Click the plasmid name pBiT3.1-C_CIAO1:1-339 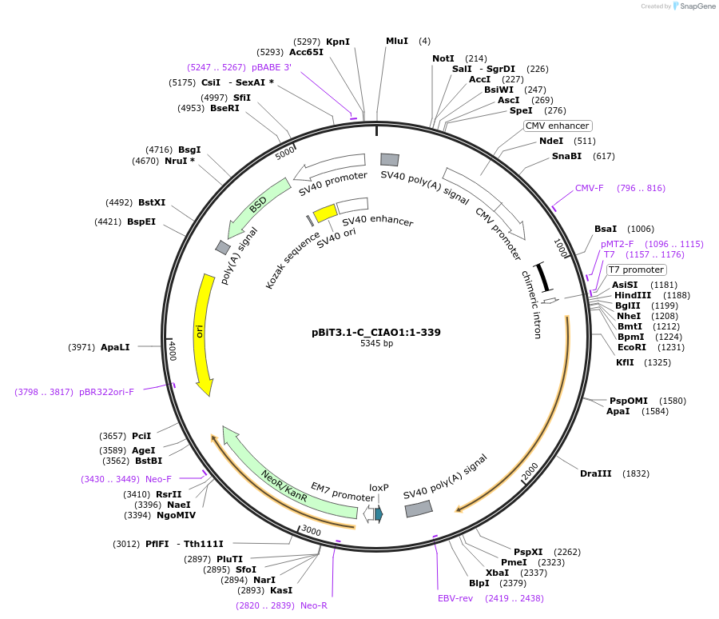click(x=376, y=332)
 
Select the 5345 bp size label click(x=376, y=344)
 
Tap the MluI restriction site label click(x=397, y=41)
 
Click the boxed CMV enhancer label click(x=558, y=126)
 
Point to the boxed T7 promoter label click(x=637, y=270)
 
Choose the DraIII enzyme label click(x=596, y=473)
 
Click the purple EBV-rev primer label click(x=455, y=598)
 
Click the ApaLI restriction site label click(x=115, y=348)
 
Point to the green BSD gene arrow click(x=257, y=206)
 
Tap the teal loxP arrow click(x=379, y=514)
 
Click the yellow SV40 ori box click(x=325, y=213)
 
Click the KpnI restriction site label click(x=338, y=41)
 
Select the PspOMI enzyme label click(x=629, y=401)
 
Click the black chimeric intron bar click(x=543, y=277)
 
